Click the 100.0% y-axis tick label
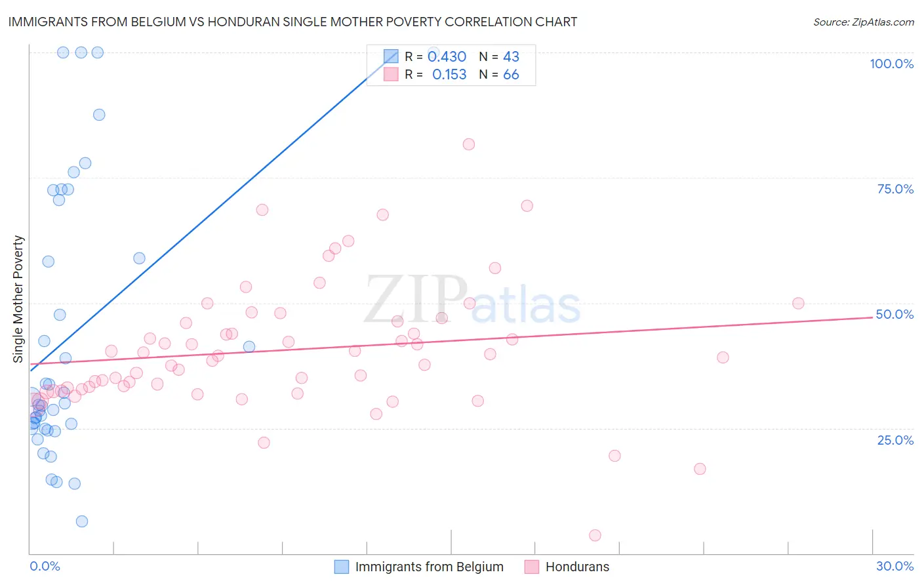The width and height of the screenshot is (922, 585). coord(891,64)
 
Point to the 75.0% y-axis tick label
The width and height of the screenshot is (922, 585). coord(895,189)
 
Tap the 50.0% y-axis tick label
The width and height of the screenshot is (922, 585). coord(894,314)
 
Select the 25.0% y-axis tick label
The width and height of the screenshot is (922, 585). coord(895,440)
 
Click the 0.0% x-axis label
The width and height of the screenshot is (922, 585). coord(45,566)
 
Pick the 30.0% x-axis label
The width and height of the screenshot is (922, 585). coord(894,566)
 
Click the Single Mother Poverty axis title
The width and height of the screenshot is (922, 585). coord(18,299)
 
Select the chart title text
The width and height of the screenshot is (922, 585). coord(292,22)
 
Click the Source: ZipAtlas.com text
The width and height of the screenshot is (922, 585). coord(863,22)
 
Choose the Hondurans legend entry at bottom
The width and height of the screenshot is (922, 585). coord(577,567)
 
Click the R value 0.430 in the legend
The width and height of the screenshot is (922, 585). coord(447,57)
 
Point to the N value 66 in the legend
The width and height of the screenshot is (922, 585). coord(511,75)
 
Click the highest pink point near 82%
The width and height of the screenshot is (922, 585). coord(469,144)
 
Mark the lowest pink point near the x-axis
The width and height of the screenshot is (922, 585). coord(595,535)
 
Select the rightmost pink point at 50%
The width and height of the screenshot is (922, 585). coord(798,303)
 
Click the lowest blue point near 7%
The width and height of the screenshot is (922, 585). coord(82,521)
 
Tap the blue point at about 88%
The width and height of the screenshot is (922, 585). coord(99,115)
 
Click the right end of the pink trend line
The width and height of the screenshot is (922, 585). coord(872,317)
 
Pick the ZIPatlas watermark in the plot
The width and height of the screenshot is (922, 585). coord(472,299)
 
